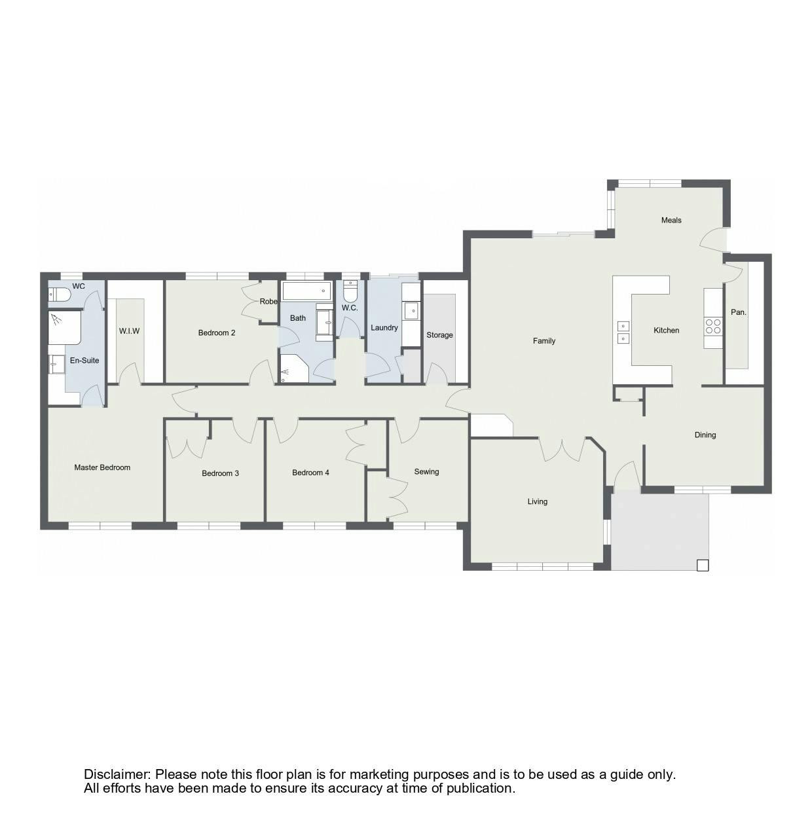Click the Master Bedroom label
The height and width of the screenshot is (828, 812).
point(102,467)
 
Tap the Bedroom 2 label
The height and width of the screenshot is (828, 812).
point(216,333)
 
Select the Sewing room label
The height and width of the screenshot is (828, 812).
point(426,472)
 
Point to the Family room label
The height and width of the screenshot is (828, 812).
point(544,341)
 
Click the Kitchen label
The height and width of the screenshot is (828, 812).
point(666,330)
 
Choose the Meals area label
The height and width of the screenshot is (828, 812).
point(671,220)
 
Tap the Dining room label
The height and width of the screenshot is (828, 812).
point(705,435)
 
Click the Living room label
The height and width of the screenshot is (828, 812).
point(537,501)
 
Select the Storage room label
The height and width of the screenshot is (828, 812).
point(439,334)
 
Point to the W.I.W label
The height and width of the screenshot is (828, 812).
point(129,331)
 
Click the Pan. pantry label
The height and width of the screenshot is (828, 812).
point(738,312)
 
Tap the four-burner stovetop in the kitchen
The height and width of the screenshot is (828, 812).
point(712,326)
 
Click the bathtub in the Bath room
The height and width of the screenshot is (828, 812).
point(306,291)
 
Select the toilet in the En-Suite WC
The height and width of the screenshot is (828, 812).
point(60,295)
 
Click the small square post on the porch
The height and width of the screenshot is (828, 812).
point(703,566)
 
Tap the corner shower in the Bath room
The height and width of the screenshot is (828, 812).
point(294,369)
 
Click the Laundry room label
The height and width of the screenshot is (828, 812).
point(384,327)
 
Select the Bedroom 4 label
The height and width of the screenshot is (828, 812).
point(310,473)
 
